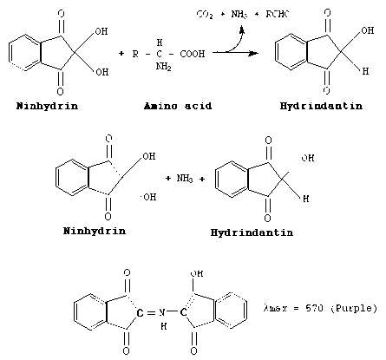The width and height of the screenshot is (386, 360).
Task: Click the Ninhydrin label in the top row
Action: click(47, 106)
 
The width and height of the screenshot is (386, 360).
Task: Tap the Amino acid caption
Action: click(178, 106)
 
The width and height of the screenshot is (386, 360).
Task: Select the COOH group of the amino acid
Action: click(193, 54)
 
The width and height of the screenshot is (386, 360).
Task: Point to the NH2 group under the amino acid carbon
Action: click(164, 67)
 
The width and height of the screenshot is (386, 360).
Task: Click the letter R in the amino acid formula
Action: click(135, 54)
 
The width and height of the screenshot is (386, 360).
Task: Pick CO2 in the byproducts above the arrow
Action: click(205, 14)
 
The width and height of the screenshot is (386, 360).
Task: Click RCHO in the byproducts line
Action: click(278, 14)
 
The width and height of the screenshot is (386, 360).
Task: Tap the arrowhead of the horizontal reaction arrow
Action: click(254, 53)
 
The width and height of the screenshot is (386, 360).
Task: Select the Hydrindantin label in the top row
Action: click(321, 106)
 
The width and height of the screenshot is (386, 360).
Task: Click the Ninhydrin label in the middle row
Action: click(95, 231)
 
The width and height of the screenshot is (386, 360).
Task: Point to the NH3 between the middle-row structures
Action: click(185, 179)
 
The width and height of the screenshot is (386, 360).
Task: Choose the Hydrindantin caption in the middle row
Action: click(252, 232)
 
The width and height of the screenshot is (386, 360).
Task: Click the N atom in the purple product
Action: click(162, 312)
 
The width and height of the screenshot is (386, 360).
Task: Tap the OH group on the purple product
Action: click(197, 273)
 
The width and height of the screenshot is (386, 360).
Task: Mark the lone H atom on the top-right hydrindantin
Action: click(365, 71)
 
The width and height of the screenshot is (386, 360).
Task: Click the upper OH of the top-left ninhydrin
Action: click(101, 31)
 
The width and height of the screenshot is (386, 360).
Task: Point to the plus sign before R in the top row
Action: click(121, 54)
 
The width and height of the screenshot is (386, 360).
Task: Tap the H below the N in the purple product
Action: click(164, 326)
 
